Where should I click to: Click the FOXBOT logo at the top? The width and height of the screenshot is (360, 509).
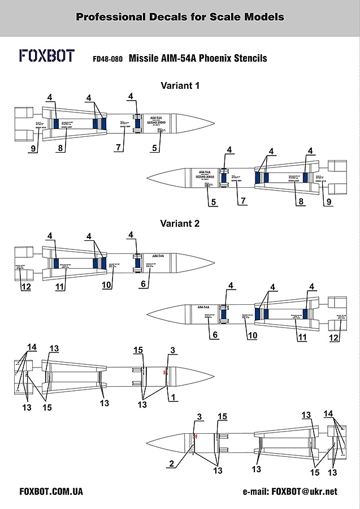click(x=47, y=56)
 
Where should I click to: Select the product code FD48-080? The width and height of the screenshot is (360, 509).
click(x=107, y=58)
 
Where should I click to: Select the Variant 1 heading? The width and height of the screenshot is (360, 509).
click(x=180, y=87)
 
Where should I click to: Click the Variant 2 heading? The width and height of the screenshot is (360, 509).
click(x=180, y=223)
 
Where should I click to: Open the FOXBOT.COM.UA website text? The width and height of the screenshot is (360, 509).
click(x=51, y=491)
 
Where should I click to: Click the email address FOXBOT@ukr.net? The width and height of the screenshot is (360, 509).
click(x=304, y=491)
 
